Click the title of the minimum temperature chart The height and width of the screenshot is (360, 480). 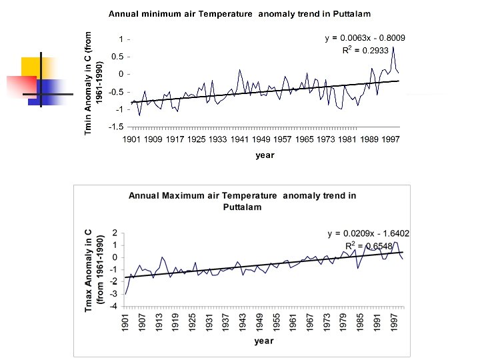239,13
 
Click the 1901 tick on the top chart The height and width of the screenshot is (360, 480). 133,140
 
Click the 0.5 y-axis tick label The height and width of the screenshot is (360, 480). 117,56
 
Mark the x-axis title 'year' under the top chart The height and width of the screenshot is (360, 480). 265,155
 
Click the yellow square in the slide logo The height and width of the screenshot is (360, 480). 31,67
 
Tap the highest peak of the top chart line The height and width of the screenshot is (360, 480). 393,46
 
